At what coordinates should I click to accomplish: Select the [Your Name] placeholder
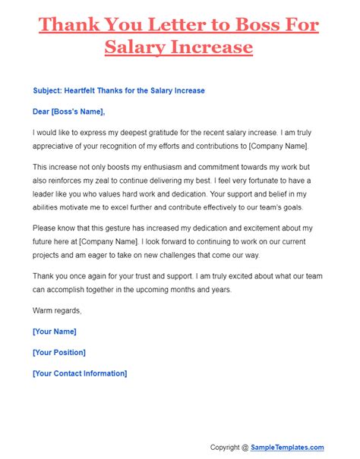pos(55,332)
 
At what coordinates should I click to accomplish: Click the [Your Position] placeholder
pos(59,353)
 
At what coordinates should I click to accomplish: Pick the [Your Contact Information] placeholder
pos(80,373)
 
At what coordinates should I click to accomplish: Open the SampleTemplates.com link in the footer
pos(289,448)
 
